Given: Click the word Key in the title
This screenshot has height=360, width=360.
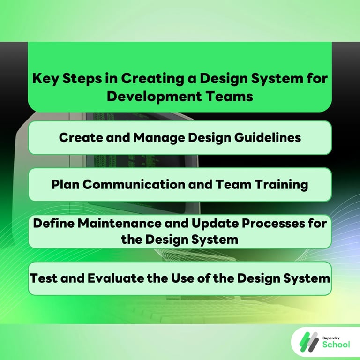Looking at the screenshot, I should [44, 78].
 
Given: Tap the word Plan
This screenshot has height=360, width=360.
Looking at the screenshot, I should [65, 184].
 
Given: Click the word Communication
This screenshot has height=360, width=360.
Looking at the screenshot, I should [133, 184].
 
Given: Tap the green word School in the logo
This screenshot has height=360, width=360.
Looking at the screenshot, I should [336, 345].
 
